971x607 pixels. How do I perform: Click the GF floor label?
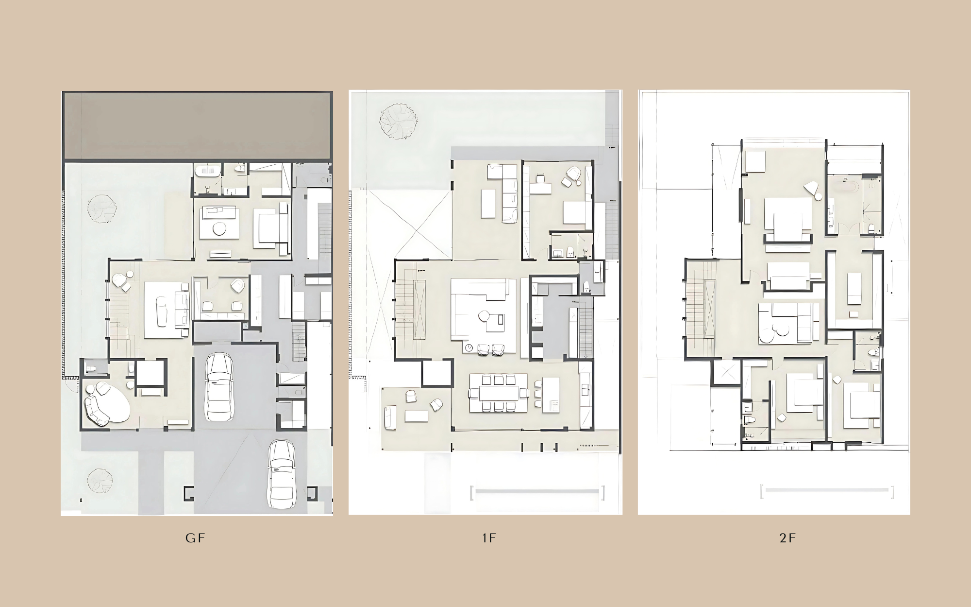(195, 538)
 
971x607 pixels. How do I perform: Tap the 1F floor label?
(489, 538)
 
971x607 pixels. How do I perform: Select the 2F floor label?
(787, 538)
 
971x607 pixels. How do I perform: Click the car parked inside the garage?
(218, 387)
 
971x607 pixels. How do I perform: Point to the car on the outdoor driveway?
(282, 474)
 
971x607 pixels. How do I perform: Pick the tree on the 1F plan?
(398, 121)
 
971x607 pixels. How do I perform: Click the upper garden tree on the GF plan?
(102, 208)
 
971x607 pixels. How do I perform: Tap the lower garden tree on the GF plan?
(100, 480)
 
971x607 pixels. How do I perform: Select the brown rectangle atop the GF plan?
(198, 126)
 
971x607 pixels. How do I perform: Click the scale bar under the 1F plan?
(537, 492)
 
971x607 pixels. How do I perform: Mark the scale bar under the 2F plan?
(826, 491)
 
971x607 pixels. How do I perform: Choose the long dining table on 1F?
(499, 393)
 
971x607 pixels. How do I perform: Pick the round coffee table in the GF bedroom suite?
(219, 229)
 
